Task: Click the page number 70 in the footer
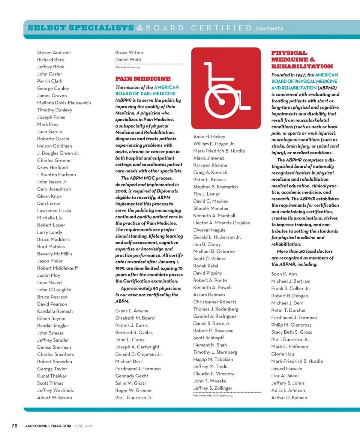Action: [15, 426]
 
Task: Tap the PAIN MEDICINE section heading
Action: [142, 79]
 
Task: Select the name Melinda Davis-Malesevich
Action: [64, 103]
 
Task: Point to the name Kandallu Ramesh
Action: [55, 311]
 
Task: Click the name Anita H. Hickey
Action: [209, 136]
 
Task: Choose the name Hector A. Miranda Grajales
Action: [221, 223]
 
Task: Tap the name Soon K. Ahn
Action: [284, 274]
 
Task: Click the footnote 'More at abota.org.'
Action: [128, 67]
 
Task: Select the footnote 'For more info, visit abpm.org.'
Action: [213, 396]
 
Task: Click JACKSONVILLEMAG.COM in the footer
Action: [48, 426]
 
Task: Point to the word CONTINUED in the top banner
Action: [270, 28]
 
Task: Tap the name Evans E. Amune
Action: [132, 311]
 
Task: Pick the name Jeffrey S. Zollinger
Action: [213, 388]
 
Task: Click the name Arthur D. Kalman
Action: [289, 397]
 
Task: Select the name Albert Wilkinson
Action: [54, 397]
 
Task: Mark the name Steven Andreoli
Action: [54, 52]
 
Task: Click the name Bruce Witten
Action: [129, 52]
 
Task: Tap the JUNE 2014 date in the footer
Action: [83, 426]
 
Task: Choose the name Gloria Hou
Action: [283, 354]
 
